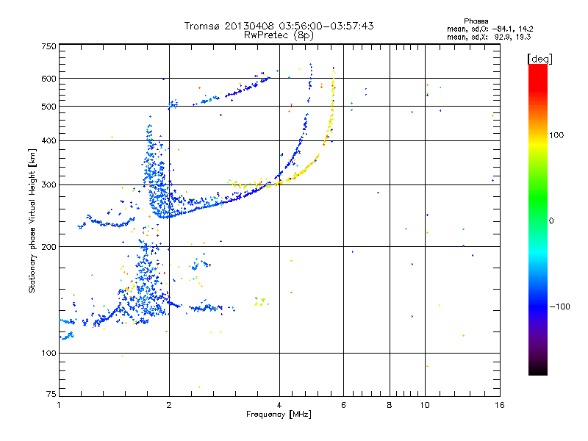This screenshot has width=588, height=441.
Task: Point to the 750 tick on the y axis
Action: point(49,46)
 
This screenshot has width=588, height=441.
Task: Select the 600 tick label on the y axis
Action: point(49,79)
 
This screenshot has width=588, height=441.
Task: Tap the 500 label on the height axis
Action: point(49,107)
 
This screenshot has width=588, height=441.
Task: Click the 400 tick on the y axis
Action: point(49,140)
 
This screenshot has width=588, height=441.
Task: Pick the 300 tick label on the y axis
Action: point(49,184)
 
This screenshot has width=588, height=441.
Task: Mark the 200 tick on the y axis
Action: point(49,247)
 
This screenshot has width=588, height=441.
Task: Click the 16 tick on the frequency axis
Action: point(498,404)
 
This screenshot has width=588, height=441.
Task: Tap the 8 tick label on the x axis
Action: point(390,404)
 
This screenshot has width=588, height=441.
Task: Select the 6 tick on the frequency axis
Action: point(343,404)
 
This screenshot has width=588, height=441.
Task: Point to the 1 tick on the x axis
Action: point(59,404)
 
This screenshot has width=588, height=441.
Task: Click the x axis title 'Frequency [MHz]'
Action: point(279,415)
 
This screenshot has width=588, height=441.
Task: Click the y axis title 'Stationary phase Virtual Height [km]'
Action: point(33,220)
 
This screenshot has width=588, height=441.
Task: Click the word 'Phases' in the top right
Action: point(477,21)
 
